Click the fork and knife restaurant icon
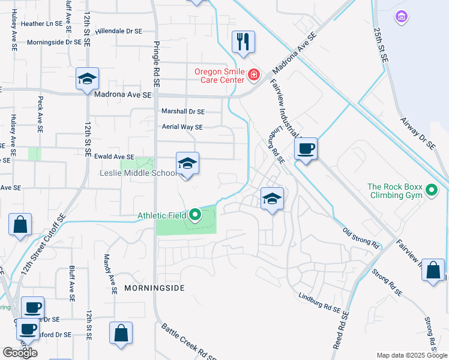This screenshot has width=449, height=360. coord(243,42)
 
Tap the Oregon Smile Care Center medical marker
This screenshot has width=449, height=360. coord(254,75)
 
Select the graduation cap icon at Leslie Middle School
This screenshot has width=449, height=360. coord(187,163)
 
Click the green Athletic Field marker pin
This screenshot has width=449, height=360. coord(194,214)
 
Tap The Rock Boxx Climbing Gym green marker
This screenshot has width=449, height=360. coord(431,191)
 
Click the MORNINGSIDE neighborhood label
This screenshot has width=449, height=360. coord(154,288)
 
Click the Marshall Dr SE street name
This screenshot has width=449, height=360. coord(183,111)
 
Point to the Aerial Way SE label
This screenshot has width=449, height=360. coord(182,127)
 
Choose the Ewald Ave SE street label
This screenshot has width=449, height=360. coord(114,156)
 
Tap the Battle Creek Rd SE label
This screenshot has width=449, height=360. coord(188,341)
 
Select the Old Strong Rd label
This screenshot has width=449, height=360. coord(361,238)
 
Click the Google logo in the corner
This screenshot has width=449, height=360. coord(20,352)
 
